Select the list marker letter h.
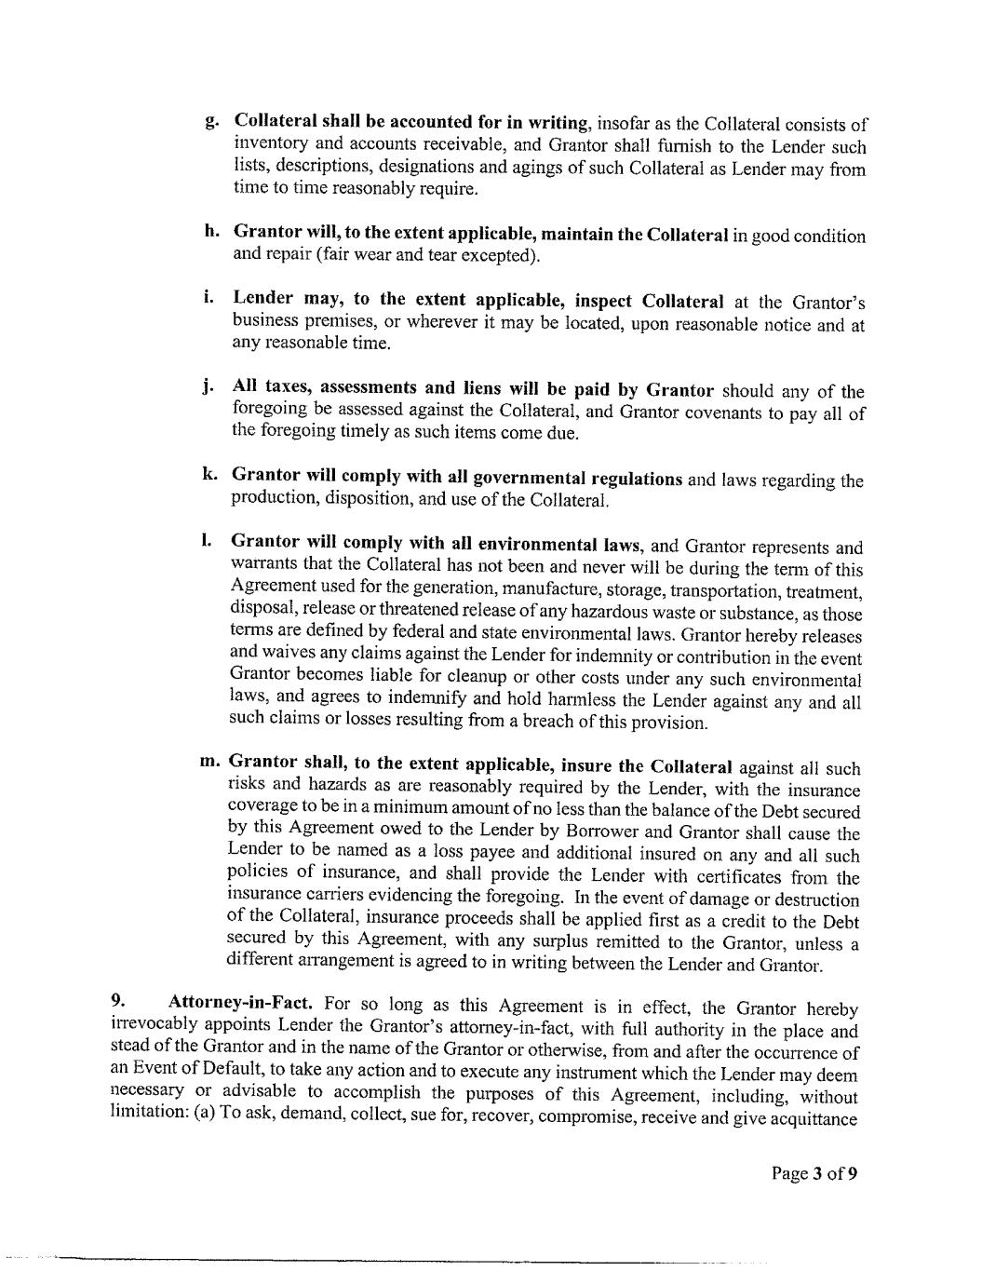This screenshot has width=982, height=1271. click(211, 230)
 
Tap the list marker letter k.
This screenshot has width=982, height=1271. click(210, 473)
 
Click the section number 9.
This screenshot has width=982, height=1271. click(117, 1001)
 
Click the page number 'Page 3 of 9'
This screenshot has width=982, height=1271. click(814, 1172)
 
